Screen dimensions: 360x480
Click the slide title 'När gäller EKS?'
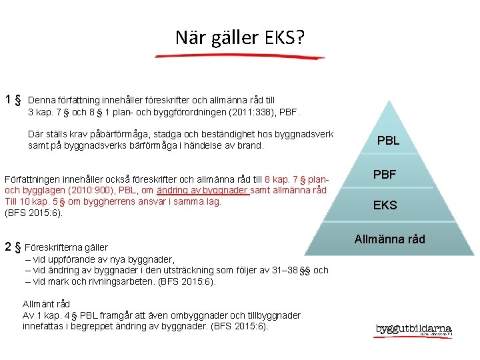[x=240, y=37]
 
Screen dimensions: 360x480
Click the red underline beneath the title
[x=240, y=56]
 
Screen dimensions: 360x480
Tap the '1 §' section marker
[x=13, y=100]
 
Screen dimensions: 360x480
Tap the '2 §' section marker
[x=13, y=247]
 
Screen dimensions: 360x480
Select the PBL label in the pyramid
[x=388, y=141]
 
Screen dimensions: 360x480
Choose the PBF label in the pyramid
[x=385, y=175]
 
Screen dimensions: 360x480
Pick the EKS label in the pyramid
[x=385, y=205]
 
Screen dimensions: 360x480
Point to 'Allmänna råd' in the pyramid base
[x=389, y=239]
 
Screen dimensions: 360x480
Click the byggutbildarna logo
[x=413, y=329]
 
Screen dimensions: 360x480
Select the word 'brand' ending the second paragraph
[x=250, y=145]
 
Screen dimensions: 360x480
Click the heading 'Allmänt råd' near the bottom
[x=46, y=304]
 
